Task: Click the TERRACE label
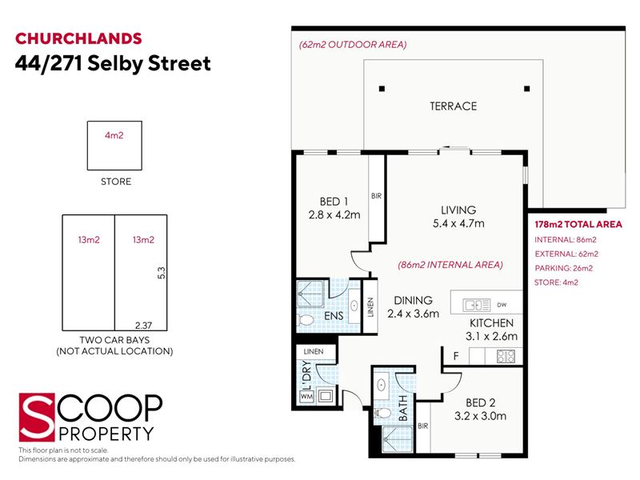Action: tap(453, 106)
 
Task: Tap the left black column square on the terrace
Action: tap(382, 89)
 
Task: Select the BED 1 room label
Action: tap(334, 202)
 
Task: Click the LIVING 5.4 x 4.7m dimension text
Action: tap(458, 223)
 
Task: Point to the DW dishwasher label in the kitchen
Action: tap(502, 305)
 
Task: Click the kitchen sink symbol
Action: tap(476, 305)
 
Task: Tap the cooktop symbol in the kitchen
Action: tap(506, 357)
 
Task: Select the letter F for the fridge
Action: tap(456, 356)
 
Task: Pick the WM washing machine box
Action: tap(306, 396)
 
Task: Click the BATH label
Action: tap(402, 408)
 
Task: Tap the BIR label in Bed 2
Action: tap(423, 426)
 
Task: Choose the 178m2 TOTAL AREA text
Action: tap(578, 225)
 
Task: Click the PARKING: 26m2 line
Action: tap(564, 268)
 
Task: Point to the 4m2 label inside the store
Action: tap(114, 135)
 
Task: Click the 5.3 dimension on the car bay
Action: tap(162, 273)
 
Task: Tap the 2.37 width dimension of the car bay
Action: tap(143, 326)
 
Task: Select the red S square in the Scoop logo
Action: tap(37, 417)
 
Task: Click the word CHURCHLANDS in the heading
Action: tap(78, 38)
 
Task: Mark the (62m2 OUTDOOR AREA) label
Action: tap(353, 45)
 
